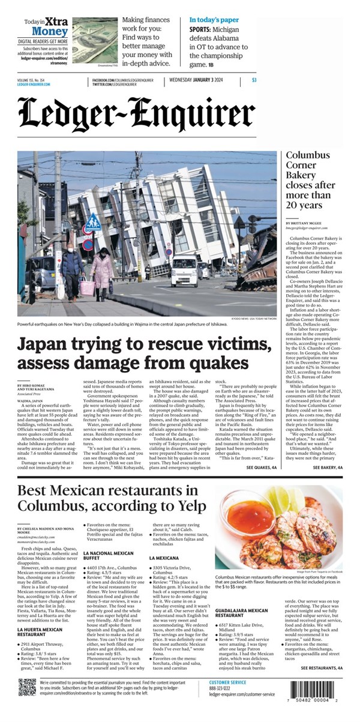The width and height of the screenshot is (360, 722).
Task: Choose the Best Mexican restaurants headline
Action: click(x=108, y=499)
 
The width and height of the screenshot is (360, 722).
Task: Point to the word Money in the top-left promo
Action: click(x=50, y=31)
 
